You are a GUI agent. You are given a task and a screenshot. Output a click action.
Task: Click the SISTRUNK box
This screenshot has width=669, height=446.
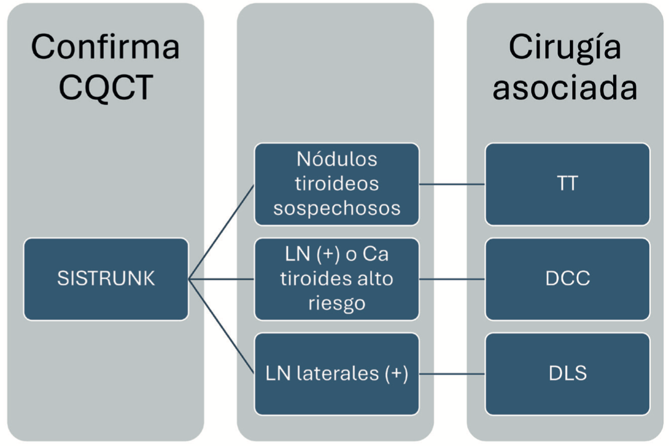click(x=106, y=279)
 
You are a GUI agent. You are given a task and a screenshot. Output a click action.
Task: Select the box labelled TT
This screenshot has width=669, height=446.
click(x=567, y=184)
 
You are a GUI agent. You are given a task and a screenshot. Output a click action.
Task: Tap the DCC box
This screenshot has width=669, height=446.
click(x=567, y=279)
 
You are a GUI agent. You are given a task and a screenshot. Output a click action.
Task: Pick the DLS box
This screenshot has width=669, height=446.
click(x=567, y=374)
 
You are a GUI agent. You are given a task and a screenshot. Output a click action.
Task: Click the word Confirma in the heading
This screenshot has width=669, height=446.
click(x=105, y=47)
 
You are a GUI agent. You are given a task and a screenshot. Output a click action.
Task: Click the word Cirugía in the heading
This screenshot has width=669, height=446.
click(x=565, y=47)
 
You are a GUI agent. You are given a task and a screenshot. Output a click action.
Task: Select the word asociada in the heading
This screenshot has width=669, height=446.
click(x=565, y=88)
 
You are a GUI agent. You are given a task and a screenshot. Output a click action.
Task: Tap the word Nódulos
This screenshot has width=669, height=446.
click(x=337, y=160)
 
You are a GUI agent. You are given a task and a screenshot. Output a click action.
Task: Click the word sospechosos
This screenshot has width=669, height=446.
click(x=337, y=207)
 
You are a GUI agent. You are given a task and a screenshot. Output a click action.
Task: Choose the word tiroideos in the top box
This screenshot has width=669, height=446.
click(x=337, y=184)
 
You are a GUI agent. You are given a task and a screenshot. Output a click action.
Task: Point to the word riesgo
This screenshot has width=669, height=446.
click(x=337, y=303)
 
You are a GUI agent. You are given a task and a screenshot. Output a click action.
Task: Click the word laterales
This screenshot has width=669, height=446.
click(x=339, y=374)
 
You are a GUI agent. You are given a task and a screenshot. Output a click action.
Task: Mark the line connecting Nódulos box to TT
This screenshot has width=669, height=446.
click(x=452, y=184)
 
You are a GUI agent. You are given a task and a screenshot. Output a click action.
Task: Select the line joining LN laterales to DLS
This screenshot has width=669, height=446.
click(x=452, y=374)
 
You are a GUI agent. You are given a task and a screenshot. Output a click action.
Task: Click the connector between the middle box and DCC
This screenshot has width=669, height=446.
click(x=452, y=279)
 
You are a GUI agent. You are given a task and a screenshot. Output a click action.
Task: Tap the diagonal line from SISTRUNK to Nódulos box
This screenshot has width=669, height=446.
click(x=222, y=231)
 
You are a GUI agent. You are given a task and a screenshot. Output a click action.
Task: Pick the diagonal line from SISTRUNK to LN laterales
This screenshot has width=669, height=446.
click(x=222, y=326)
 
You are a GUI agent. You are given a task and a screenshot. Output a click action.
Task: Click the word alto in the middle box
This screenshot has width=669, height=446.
click(x=378, y=279)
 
